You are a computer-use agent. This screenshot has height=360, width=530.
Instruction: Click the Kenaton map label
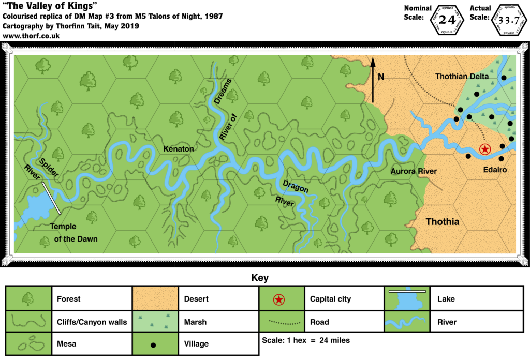tap(179, 149)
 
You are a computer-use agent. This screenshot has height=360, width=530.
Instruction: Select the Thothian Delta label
tap(462, 77)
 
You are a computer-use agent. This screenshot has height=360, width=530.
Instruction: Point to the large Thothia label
tap(443, 222)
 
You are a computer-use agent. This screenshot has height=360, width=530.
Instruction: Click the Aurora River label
tap(414, 171)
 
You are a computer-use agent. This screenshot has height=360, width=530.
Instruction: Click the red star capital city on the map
tap(485, 149)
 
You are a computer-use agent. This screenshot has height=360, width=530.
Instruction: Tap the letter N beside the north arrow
tap(381, 77)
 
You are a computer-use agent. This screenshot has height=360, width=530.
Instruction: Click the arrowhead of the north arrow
tap(372, 63)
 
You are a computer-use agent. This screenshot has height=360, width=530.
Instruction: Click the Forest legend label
tap(69, 299)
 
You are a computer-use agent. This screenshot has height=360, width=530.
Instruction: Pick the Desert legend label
tap(196, 299)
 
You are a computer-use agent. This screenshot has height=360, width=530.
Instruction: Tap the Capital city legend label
tap(330, 299)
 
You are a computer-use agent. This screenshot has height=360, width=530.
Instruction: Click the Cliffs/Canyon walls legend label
tap(92, 322)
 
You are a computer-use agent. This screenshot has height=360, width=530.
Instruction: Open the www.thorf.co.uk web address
tap(32, 36)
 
